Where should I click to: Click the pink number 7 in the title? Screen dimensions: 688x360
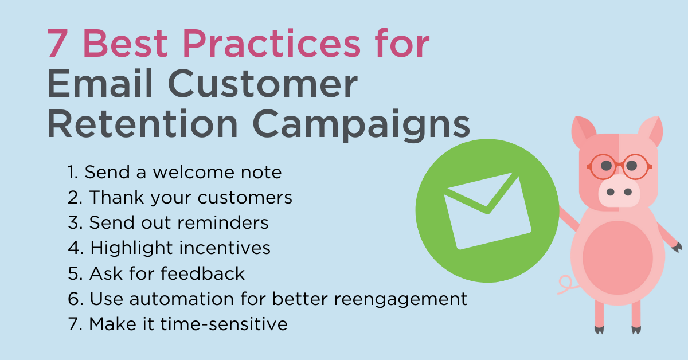pyautogui.click(x=57, y=43)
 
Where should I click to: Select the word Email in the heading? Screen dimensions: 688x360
pyautogui.click(x=100, y=83)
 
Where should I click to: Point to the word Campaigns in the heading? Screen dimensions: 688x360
pyautogui.click(x=361, y=125)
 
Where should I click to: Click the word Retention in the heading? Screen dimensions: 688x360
pyautogui.click(x=142, y=123)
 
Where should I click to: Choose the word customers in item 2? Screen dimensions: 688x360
pyautogui.click(x=245, y=198)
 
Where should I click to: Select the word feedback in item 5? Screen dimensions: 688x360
pyautogui.click(x=202, y=273)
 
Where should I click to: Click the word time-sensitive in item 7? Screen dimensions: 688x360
pyautogui.click(x=224, y=324)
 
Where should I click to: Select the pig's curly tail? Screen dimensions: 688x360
pyautogui.click(x=567, y=285)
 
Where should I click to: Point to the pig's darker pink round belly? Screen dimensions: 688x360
pyautogui.click(x=617, y=257)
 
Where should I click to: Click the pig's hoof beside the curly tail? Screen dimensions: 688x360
pyautogui.click(x=599, y=330)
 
